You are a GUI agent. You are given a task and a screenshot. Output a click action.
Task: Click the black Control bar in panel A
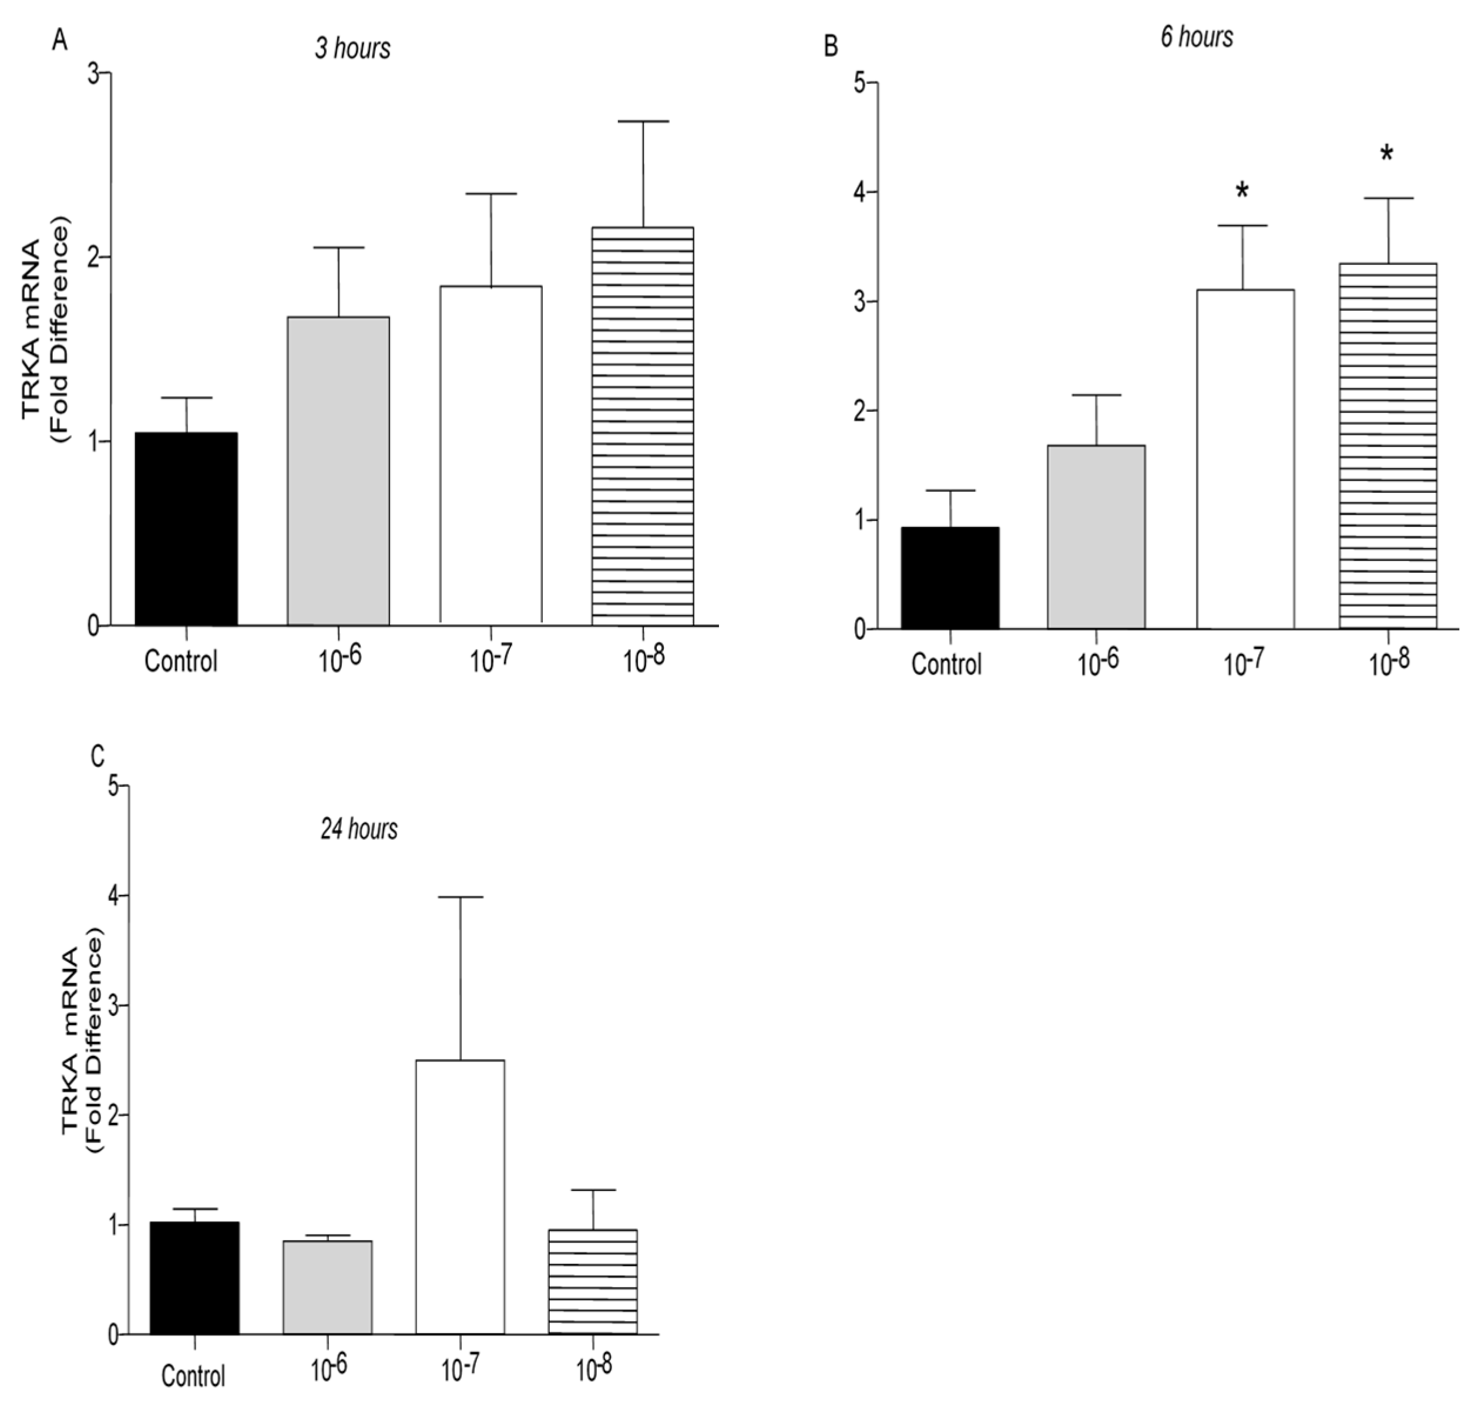click(x=186, y=529)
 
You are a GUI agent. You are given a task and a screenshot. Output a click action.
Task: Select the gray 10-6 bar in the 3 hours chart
click(x=338, y=471)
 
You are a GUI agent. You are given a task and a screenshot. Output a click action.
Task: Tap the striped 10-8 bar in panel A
click(x=643, y=427)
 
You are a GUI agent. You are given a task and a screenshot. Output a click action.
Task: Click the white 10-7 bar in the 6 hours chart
click(x=1245, y=459)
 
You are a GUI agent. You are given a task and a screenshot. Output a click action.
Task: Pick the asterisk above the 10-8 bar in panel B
click(x=1386, y=155)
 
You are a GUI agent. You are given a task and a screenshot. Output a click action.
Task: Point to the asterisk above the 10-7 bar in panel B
click(x=1242, y=190)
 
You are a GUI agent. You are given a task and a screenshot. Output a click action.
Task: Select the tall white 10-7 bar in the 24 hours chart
click(x=459, y=1197)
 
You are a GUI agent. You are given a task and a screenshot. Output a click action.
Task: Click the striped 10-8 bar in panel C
click(x=593, y=1282)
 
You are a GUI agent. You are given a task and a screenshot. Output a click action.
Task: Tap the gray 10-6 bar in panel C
click(x=328, y=1287)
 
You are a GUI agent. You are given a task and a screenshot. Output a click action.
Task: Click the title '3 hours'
click(x=352, y=49)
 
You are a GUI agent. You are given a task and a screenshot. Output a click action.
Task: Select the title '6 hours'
click(x=1197, y=37)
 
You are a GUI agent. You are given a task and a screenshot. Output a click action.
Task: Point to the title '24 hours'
click(x=359, y=829)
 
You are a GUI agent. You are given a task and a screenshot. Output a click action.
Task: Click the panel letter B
click(x=831, y=46)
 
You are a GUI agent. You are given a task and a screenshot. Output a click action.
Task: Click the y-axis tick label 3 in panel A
click(x=94, y=74)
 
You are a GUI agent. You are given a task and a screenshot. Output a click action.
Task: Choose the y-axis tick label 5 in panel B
click(x=860, y=83)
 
